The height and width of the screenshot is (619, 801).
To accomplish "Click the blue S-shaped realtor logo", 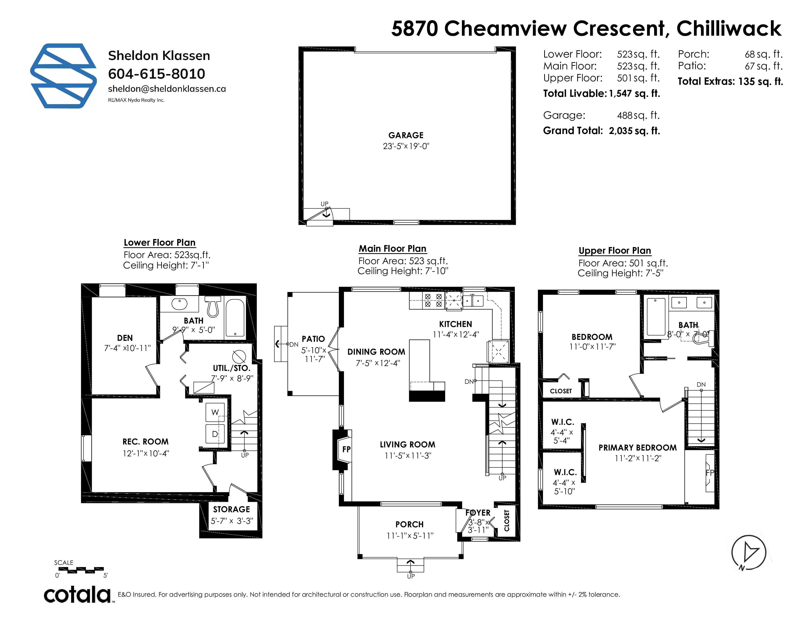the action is point(63,76).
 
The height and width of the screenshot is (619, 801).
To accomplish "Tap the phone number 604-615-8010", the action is point(157,74).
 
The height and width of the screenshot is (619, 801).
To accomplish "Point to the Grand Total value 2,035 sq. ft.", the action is point(634,131).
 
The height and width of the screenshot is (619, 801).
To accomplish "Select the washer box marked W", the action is point(215,412).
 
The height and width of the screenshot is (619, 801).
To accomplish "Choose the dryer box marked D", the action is point(215,434).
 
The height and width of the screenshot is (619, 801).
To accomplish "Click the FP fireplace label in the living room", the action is point(346,449).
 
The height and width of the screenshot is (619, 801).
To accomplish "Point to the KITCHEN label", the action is point(456,324).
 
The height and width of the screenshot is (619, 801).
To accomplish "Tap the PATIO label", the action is point(313,339).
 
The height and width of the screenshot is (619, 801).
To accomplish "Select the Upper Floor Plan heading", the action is point(615,251).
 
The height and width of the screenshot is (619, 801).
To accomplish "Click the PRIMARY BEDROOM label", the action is point(637,448).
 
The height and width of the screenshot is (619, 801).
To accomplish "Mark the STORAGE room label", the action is point(231,509).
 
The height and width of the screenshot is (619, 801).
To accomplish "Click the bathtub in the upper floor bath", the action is point(656,317).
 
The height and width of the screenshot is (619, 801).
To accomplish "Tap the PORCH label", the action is point(409,524).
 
